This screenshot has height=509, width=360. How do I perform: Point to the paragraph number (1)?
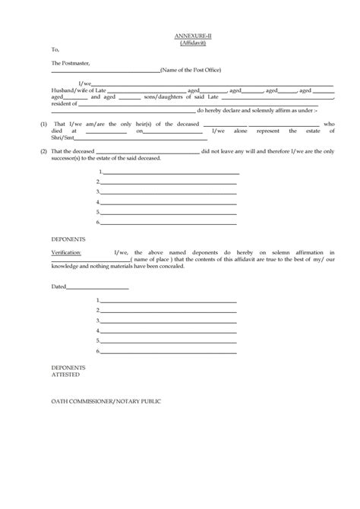[x=43, y=123]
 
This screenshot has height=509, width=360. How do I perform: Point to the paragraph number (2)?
[x=43, y=152]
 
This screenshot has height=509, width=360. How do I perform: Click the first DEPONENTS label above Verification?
[x=68, y=239]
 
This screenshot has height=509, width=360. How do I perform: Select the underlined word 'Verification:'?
[x=68, y=251]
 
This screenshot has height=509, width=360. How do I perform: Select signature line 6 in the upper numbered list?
[x=170, y=222]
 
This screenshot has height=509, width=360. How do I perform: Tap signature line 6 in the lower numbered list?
[x=170, y=352]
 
